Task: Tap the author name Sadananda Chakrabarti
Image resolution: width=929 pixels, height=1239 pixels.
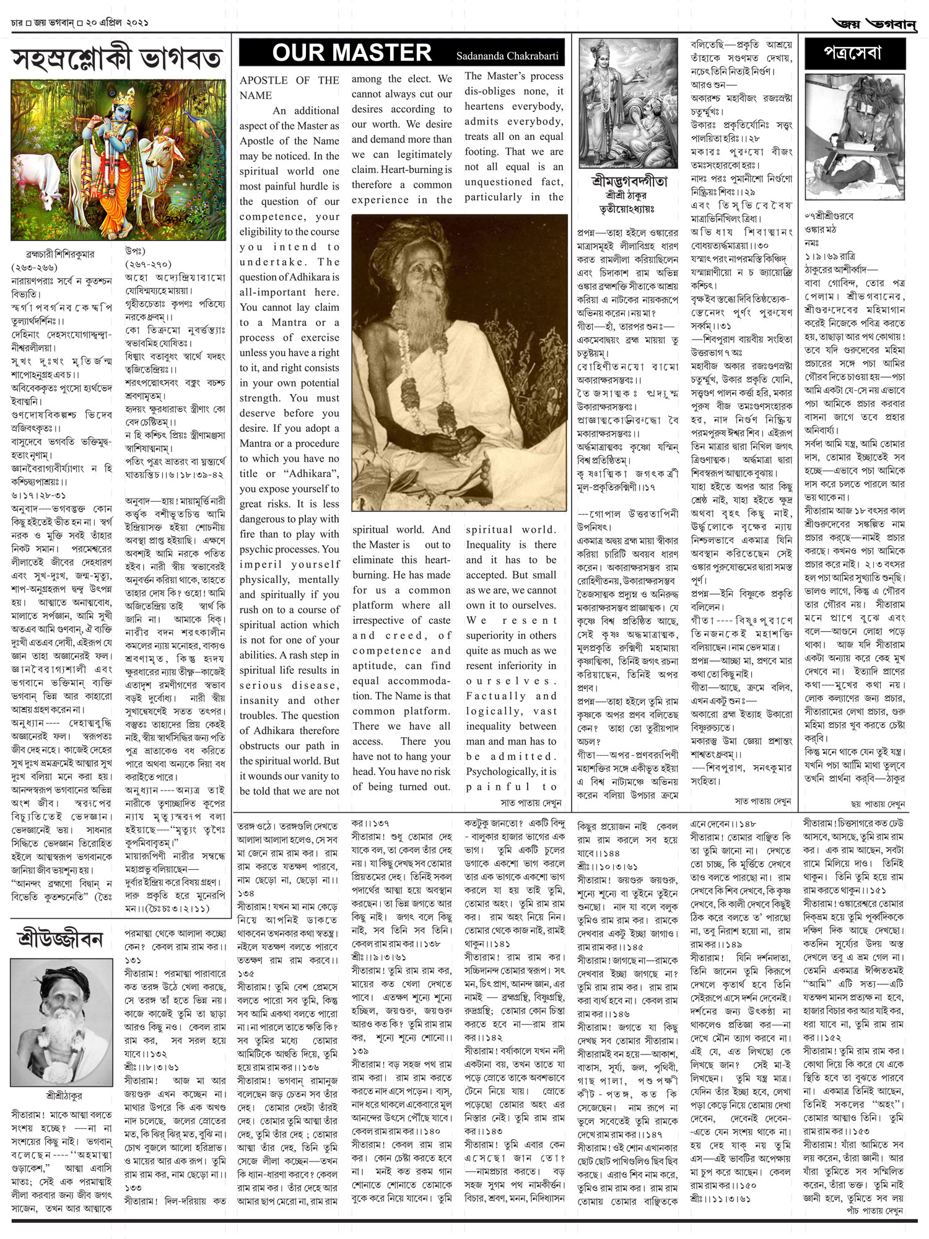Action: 507,56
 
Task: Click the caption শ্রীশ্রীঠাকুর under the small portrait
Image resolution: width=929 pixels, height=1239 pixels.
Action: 64,1095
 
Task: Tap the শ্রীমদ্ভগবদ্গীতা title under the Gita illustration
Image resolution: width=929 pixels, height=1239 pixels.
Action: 629,182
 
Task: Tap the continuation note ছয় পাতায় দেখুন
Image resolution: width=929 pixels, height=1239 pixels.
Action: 878,803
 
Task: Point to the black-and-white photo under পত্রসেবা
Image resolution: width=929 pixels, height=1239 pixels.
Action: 855,136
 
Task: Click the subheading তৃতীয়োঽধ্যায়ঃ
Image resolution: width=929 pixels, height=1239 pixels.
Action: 629,209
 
